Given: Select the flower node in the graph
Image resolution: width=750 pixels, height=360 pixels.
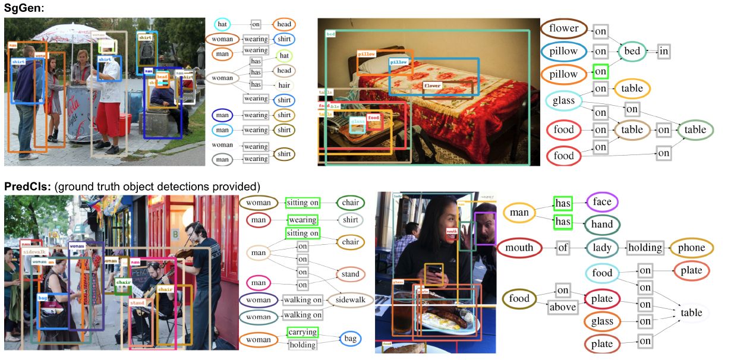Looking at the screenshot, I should (564, 29).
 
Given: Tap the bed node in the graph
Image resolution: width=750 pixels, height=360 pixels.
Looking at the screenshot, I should (632, 51).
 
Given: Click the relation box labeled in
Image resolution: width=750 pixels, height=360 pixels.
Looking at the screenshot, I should (664, 52).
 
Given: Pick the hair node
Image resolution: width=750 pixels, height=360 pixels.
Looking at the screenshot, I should (284, 85).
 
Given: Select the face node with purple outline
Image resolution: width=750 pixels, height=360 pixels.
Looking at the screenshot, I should (602, 202).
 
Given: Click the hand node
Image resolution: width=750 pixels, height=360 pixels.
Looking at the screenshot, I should (602, 225).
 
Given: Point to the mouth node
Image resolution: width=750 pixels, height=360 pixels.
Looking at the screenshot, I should (519, 247).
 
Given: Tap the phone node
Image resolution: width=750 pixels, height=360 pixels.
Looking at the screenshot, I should (691, 248).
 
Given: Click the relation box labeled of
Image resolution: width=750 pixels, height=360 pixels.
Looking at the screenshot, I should (563, 248).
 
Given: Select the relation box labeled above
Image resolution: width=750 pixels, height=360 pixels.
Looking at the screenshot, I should (563, 307).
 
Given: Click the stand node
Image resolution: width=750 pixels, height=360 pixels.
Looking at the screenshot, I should (350, 274).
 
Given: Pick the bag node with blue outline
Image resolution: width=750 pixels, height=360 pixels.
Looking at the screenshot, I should (351, 339).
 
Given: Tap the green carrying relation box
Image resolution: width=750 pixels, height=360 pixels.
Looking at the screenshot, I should (302, 332).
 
